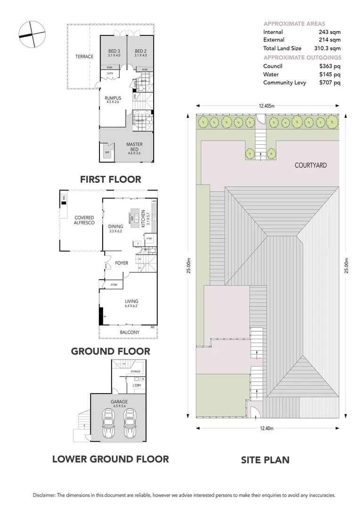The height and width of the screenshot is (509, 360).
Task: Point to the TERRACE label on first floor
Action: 84,57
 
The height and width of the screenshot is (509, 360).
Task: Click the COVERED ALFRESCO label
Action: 84,221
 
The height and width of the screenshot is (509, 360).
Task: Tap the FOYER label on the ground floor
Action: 122,263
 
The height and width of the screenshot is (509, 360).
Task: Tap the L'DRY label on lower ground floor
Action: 137,386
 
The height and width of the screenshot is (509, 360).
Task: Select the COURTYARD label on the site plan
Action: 311,165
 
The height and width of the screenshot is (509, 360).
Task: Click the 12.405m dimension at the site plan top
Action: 267,106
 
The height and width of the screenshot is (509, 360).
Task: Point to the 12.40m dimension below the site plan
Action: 266,428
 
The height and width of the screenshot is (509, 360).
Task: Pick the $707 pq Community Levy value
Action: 329,83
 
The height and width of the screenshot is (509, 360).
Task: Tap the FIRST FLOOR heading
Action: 111,179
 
